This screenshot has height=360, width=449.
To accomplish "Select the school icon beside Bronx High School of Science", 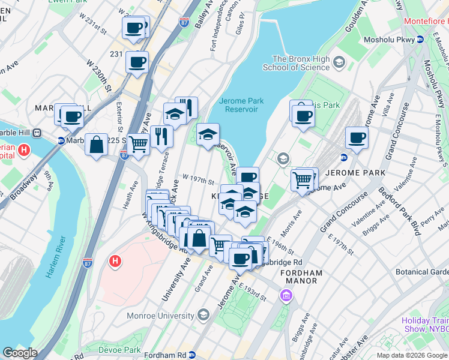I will pos(339,62).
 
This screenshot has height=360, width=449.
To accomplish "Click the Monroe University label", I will pos(160,315).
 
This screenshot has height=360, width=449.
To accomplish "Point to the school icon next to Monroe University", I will pos(203,315).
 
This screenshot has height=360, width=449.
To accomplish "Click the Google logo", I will pos(20,353).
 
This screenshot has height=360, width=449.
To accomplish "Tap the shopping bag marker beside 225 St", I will pos(97,145).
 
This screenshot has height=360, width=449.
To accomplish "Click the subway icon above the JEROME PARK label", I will pos(345,158).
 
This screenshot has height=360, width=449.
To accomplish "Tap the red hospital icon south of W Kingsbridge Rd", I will pos(114,261).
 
